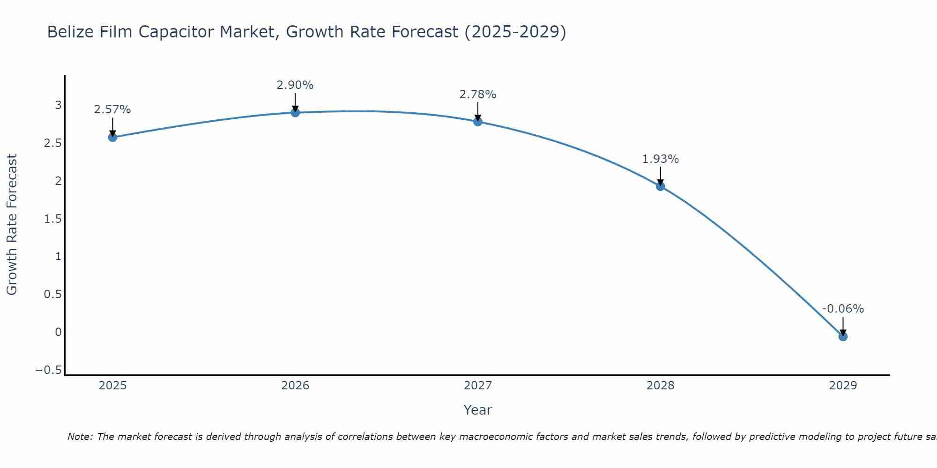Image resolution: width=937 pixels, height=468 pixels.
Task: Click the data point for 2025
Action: point(112,137)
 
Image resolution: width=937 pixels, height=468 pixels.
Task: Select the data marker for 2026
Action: point(295,112)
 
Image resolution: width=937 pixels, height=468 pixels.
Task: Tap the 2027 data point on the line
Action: point(478,122)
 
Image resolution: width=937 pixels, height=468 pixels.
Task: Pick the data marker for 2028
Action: point(661,186)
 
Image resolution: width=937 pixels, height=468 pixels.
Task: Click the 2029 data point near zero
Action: point(843,336)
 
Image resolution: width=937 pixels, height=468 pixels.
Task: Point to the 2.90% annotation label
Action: point(295,85)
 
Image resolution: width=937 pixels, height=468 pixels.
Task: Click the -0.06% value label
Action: point(843,309)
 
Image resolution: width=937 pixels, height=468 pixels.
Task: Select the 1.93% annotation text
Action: point(661,159)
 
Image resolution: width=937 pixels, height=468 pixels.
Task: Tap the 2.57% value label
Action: point(112,110)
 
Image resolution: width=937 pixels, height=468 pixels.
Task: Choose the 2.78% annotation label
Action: point(478,95)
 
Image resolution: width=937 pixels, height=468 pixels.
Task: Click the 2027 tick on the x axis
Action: point(478,386)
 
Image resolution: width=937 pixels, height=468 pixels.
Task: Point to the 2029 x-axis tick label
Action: point(843,386)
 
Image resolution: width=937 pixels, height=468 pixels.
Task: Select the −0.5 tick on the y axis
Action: point(49,370)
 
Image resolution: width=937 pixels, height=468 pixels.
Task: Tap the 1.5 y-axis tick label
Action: point(53,219)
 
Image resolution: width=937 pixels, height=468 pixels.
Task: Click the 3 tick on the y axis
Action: point(59,105)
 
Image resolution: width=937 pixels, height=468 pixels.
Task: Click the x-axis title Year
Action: point(477,410)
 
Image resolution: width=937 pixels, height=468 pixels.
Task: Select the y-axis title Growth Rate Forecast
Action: point(12,225)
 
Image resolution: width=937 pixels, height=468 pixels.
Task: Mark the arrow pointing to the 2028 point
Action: point(661,175)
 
